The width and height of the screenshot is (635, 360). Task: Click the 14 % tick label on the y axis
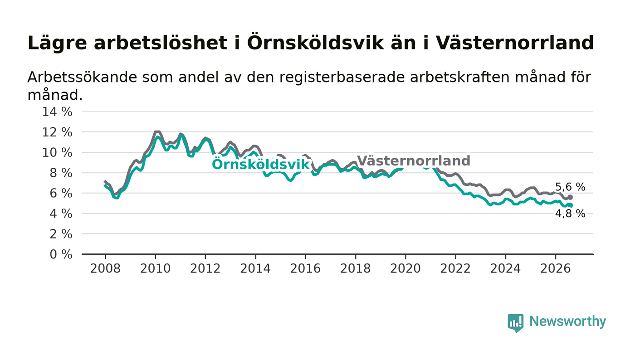tap(57, 112)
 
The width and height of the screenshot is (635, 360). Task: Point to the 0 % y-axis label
tap(61, 254)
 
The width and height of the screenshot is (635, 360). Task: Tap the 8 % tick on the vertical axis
tap(61, 173)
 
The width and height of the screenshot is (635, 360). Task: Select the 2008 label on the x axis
tap(105, 269)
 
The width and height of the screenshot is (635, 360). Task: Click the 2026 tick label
tap(555, 269)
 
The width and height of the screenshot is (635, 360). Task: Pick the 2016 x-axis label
tap(305, 269)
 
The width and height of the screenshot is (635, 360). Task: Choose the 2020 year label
tap(405, 269)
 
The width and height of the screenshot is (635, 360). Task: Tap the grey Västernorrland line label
tap(414, 161)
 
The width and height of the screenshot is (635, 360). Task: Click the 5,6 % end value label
tap(570, 187)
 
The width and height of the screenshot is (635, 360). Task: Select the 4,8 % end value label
tap(570, 214)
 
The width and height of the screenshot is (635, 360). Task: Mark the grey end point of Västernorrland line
tap(571, 197)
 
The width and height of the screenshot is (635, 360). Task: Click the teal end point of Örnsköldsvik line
tap(571, 205)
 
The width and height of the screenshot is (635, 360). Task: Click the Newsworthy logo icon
tap(515, 323)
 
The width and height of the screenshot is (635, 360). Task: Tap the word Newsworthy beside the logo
tap(567, 321)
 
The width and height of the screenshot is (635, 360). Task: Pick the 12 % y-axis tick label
tap(57, 132)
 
